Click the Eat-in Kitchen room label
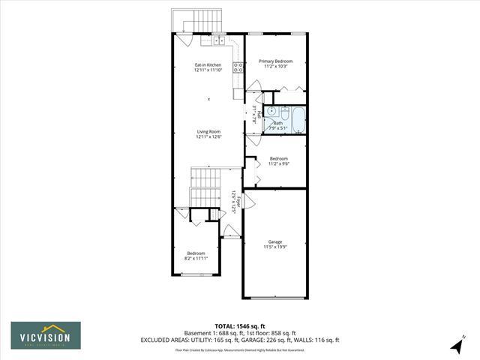(x=208, y=65)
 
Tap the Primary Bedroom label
(x=275, y=61)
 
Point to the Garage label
(x=275, y=241)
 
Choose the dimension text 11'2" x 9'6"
(x=278, y=163)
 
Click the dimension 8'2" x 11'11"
(x=196, y=259)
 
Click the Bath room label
(x=277, y=123)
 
